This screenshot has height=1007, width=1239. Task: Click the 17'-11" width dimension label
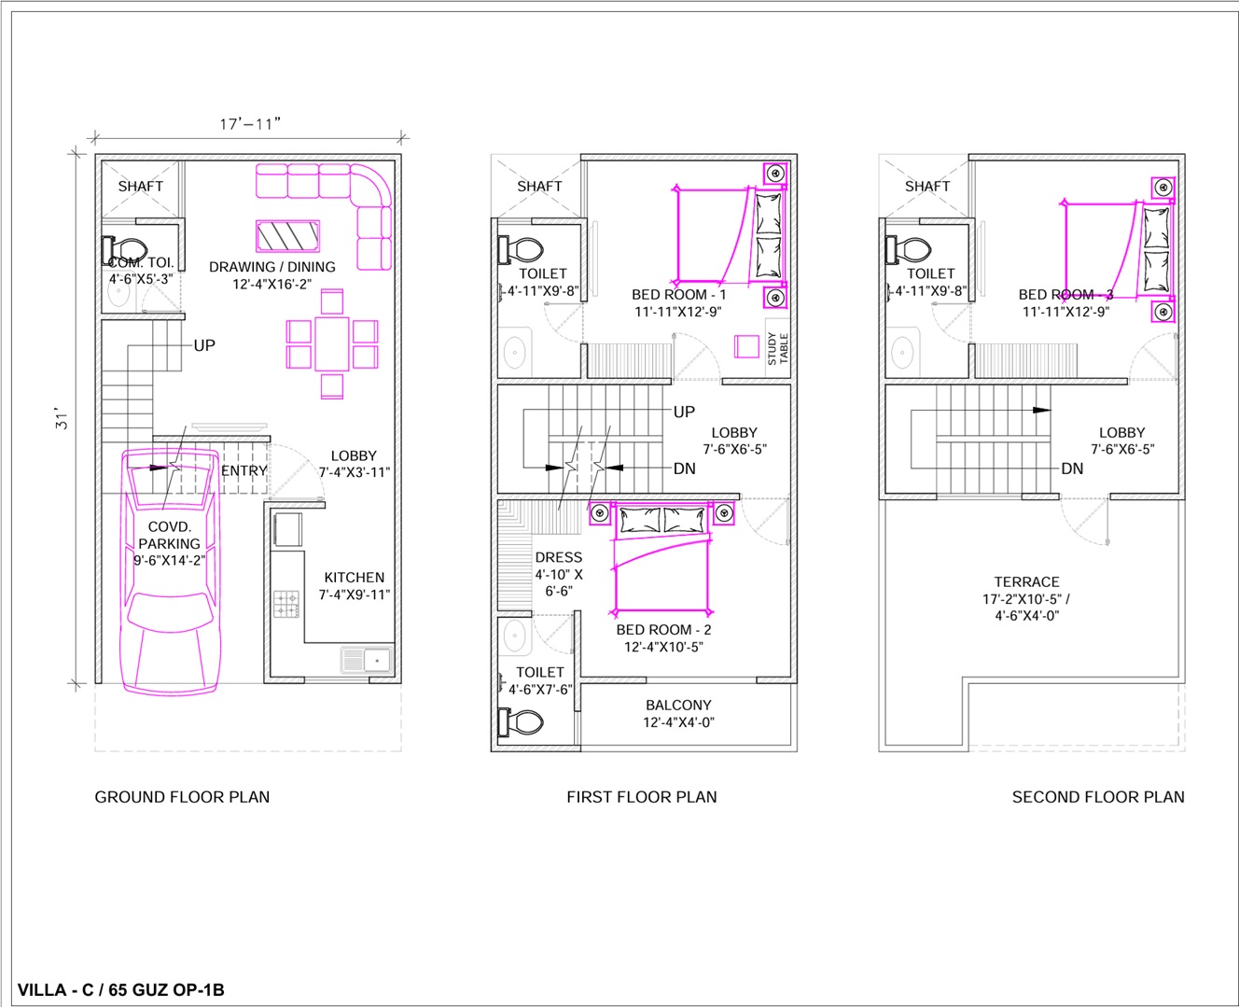point(250,124)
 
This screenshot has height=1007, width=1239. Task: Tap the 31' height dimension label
point(62,418)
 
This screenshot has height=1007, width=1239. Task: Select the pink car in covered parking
point(171,570)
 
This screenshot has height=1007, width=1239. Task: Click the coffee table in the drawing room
point(288,236)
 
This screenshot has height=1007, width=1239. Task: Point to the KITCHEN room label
point(355,578)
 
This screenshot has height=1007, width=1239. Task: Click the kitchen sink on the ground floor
point(367,660)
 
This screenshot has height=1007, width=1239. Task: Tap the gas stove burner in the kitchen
point(286,604)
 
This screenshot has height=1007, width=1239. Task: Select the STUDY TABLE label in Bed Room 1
point(778,348)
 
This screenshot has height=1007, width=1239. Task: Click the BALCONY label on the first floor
point(679,705)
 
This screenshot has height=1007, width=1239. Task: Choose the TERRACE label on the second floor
point(1026,581)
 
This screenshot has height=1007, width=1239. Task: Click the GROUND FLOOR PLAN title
point(182,797)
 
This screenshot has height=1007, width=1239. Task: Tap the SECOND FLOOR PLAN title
point(1098,797)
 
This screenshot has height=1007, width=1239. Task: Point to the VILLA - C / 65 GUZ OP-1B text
point(121,989)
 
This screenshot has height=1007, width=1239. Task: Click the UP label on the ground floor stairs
point(204,345)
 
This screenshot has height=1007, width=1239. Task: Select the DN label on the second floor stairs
point(1072,469)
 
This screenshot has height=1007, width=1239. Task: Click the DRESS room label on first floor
point(559,557)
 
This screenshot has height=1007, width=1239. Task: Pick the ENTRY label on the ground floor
point(244,470)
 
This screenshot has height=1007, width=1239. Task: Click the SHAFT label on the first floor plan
point(539,186)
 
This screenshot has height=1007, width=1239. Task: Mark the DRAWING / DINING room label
point(272,267)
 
